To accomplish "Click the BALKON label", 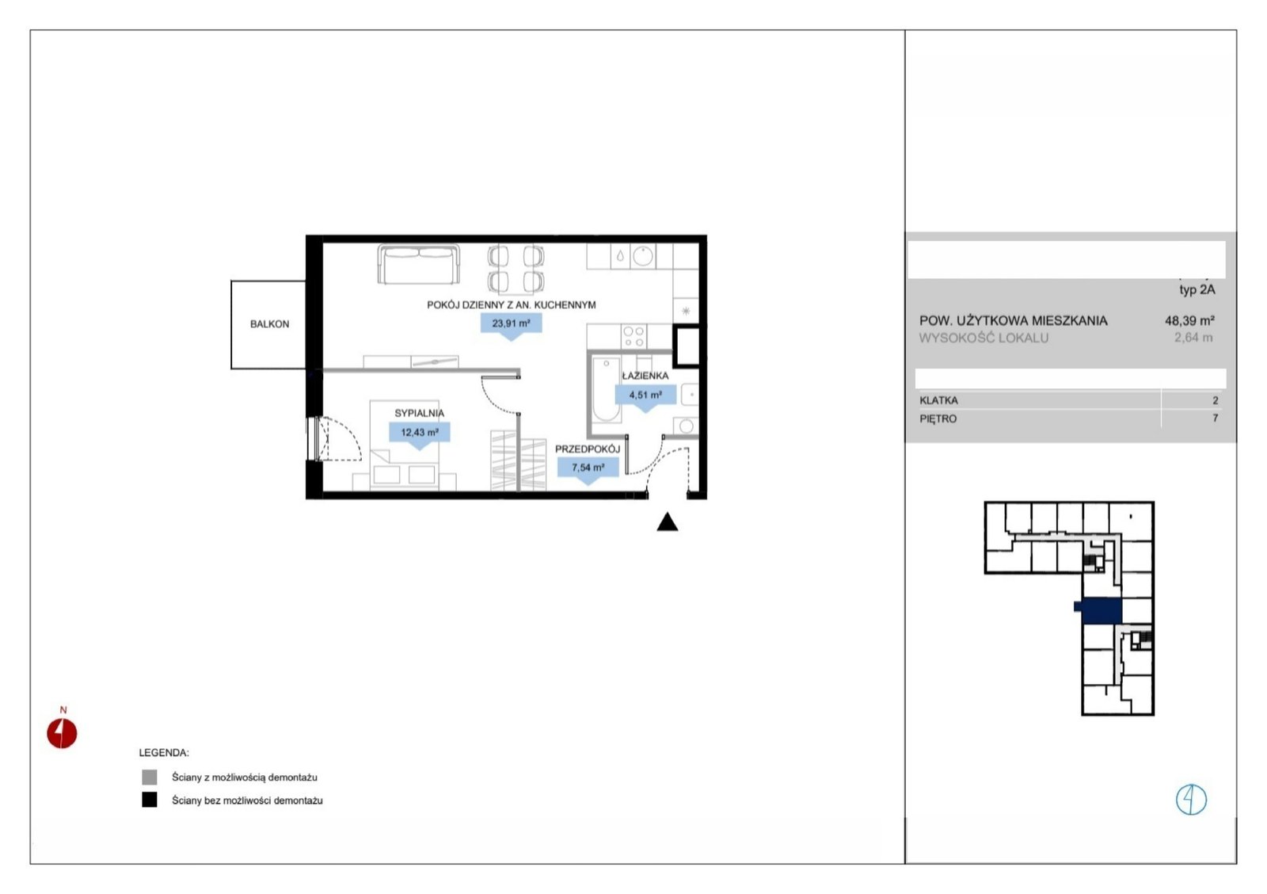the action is pos(269,324).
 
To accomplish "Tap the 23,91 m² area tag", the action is pos(512,324).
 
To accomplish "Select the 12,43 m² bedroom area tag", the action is pos(420,434).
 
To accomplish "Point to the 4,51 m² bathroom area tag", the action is pos(645,395).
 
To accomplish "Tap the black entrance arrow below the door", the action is pos(668,522).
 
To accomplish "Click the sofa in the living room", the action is pos(419,265).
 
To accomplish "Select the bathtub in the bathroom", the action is pos(606,390).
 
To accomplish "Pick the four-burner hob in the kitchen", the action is pos(633,336).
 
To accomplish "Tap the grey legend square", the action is pos(150,777).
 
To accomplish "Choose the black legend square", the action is pos(150,800).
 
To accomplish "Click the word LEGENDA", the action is pos(164,753).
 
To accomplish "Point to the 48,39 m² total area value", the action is pos(1190,321).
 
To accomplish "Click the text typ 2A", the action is pos(1197,290).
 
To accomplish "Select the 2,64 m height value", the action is pos(1193,338).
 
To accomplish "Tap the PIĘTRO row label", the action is pos(938,419).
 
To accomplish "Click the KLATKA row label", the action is pos(939,401).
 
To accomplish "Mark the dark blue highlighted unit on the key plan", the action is pos(1099,612).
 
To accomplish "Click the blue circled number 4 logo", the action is pos(1191,800).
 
